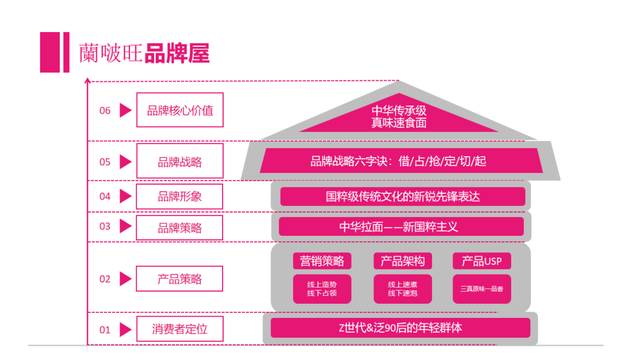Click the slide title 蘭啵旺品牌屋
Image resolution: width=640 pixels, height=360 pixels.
[144, 53]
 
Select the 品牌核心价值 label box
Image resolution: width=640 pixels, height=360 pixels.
[180, 110]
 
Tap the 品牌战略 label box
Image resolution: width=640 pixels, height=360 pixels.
[180, 161]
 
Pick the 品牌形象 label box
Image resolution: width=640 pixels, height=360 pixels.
[180, 196]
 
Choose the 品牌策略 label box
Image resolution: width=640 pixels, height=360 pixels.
[180, 228]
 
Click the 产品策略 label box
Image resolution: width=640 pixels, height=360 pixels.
[180, 279]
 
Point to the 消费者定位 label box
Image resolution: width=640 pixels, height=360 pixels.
[180, 329]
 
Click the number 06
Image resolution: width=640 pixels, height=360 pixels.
[105, 111]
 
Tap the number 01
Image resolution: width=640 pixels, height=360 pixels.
[105, 330]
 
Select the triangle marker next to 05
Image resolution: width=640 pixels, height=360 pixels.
[125, 162]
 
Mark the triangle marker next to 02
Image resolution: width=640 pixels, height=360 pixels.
[125, 279]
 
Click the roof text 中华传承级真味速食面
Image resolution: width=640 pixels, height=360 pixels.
[399, 116]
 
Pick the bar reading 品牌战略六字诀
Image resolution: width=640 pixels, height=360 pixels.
[399, 161]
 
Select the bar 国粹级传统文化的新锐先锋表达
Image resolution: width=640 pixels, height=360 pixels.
[402, 196]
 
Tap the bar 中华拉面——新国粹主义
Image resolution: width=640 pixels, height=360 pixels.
[401, 227]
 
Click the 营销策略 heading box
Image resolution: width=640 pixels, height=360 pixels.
[322, 261]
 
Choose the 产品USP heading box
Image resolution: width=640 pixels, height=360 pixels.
[482, 261]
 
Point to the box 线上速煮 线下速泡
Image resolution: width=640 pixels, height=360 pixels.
[402, 289]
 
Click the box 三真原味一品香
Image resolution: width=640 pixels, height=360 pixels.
[482, 289]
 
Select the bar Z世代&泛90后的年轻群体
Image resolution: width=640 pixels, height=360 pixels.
[400, 328]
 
